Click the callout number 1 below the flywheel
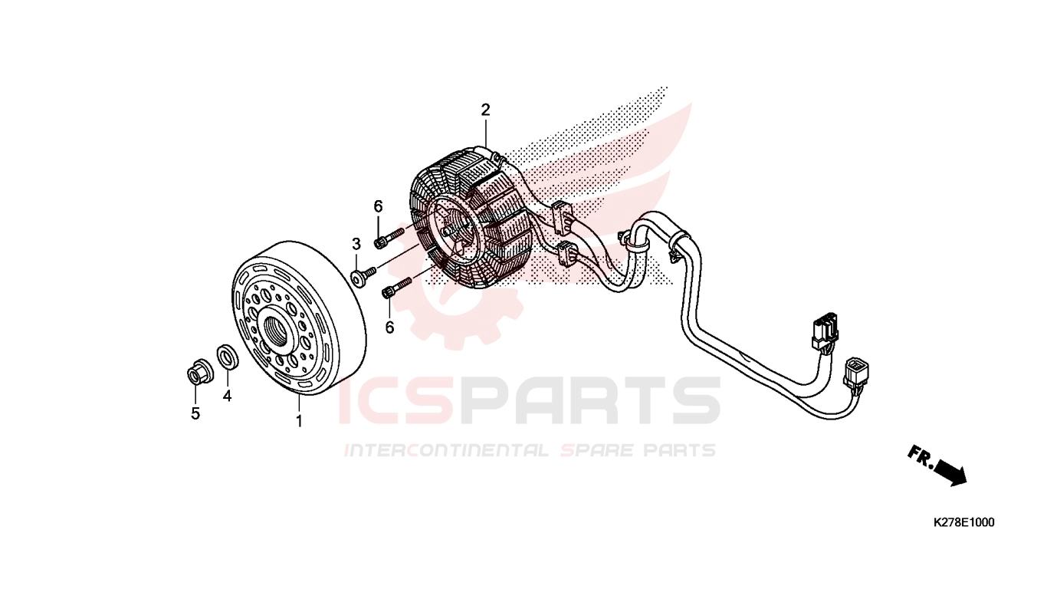pos(299,421)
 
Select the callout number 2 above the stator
pos(486,110)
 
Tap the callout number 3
pos(356,244)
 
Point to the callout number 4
pos(227,396)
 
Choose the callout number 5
pos(195,413)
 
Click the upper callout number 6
pos(378,206)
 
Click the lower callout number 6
pos(390,327)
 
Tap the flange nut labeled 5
pos(199,373)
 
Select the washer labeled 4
pos(228,357)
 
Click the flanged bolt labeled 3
pos(363,276)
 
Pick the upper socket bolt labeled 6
pos(388,237)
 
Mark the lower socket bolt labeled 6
pos(396,288)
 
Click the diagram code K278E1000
pos(963,522)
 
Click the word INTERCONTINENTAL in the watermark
pos(447,450)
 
